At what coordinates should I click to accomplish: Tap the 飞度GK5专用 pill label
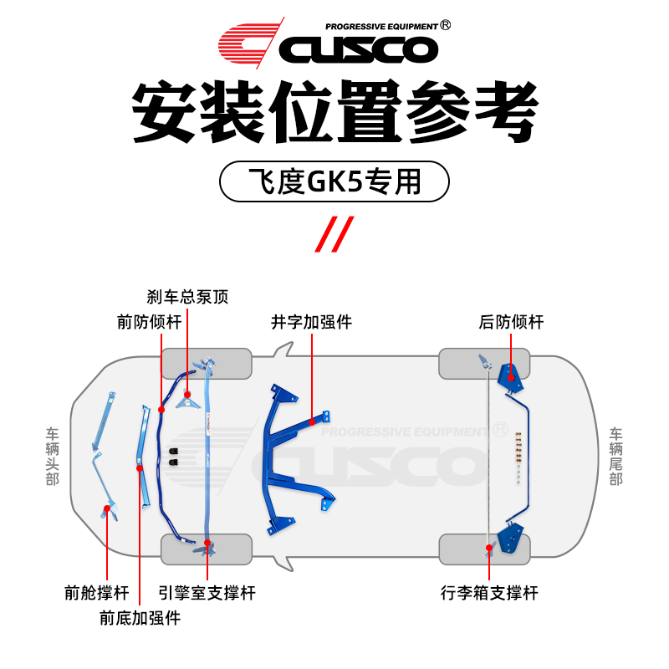[334, 181]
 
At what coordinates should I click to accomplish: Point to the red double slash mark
[334, 233]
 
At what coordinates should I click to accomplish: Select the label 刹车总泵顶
[186, 297]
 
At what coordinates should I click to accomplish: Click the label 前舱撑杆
[97, 593]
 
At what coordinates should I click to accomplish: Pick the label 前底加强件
[140, 619]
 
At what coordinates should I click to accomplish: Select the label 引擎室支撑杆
[207, 593]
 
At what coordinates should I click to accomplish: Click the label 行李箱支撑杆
[489, 593]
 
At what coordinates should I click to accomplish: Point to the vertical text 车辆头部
[53, 457]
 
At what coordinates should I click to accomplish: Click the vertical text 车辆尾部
[616, 457]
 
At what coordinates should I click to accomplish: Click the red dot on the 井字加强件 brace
[312, 421]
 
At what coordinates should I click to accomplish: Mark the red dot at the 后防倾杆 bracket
[511, 379]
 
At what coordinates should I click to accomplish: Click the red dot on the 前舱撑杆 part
[106, 508]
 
